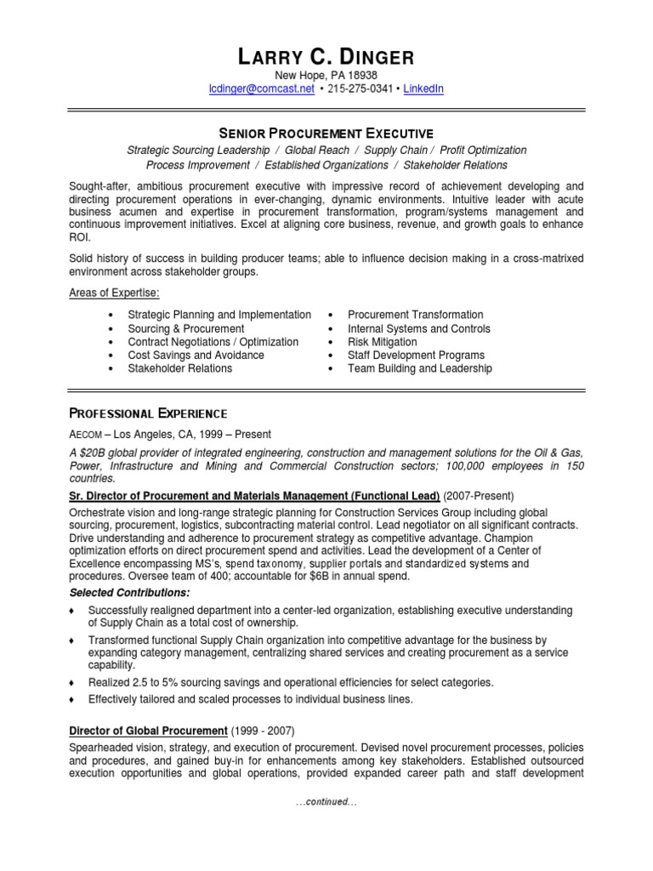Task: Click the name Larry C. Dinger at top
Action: click(326, 58)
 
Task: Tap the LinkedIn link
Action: click(423, 88)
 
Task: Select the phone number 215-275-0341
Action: click(359, 88)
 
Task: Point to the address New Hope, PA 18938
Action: click(326, 76)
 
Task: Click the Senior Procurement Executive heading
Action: click(326, 134)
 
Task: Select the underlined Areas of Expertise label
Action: click(115, 293)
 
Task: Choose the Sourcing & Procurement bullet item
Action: click(185, 328)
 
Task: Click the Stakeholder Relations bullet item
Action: click(179, 368)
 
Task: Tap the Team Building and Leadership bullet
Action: click(419, 368)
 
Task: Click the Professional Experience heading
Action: click(148, 413)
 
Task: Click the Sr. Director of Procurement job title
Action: click(253, 496)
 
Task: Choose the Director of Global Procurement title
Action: click(148, 731)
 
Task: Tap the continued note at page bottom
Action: click(326, 802)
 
